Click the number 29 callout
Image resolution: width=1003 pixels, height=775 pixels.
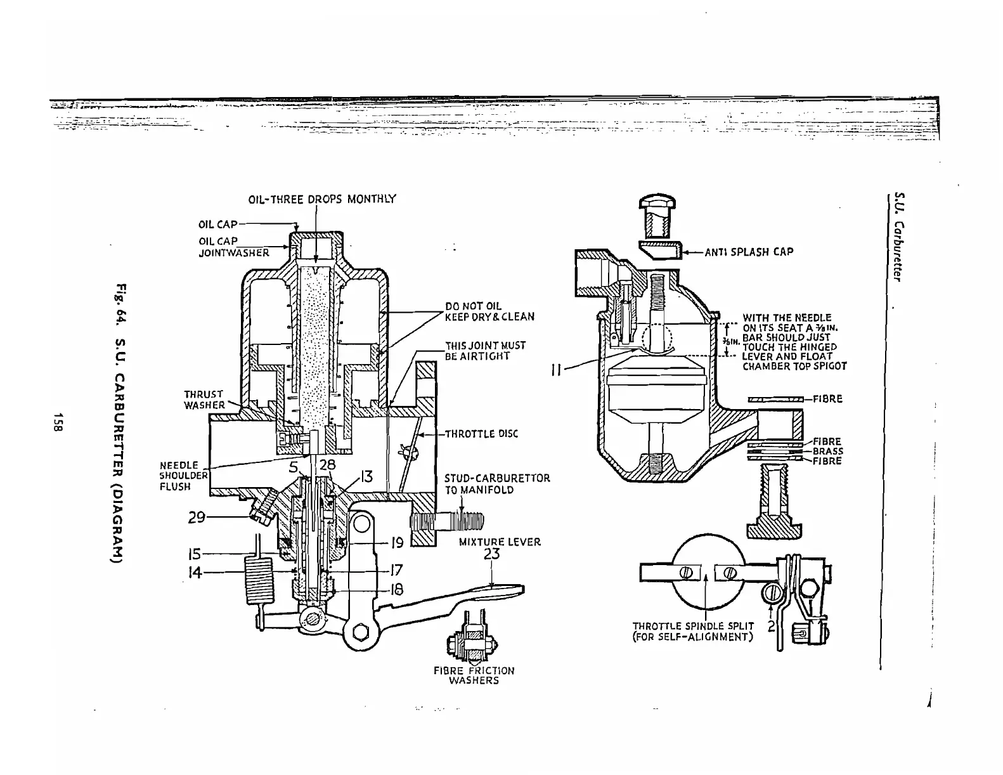[x=197, y=518]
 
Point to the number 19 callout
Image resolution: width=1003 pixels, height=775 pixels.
[x=396, y=544]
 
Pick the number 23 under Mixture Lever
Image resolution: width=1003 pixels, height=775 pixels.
[x=491, y=554]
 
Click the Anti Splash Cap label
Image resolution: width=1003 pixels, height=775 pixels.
[x=749, y=252]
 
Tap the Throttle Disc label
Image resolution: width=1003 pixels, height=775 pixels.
[x=481, y=434]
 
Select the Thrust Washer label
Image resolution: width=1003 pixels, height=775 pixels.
[x=204, y=400]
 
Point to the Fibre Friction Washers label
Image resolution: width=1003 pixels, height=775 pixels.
[x=474, y=675]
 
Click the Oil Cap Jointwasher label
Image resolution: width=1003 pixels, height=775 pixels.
[x=233, y=247]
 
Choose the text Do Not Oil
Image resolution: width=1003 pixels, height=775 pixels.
[x=473, y=306]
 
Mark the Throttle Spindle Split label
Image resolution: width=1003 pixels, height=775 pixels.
[x=693, y=631]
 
